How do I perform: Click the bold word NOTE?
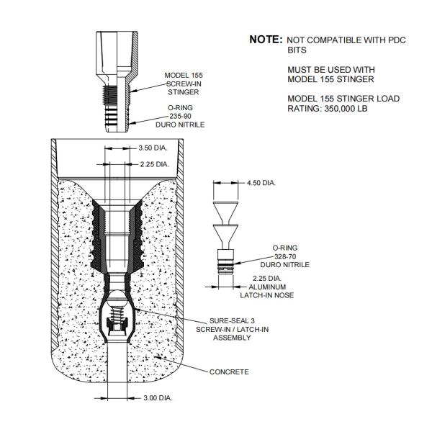(x=266, y=40)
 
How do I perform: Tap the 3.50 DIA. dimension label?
(x=153, y=148)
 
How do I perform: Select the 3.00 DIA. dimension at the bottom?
(x=158, y=398)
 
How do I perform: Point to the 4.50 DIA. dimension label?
(x=261, y=183)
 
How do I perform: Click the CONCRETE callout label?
(x=229, y=372)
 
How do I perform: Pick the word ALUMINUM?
(x=267, y=287)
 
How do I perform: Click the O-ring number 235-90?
(x=180, y=116)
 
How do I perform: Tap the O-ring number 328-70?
(x=285, y=256)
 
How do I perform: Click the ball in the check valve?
(x=117, y=299)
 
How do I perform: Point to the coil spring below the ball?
(x=117, y=312)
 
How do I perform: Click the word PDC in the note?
(x=397, y=40)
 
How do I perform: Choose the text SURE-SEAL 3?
(x=232, y=320)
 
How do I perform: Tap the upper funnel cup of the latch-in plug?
(x=225, y=210)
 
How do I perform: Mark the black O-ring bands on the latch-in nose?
(x=225, y=265)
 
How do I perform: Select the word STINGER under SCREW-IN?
(x=183, y=92)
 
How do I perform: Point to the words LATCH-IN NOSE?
(x=266, y=295)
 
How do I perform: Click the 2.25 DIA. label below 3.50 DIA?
(x=154, y=164)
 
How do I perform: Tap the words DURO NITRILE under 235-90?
(x=180, y=125)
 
